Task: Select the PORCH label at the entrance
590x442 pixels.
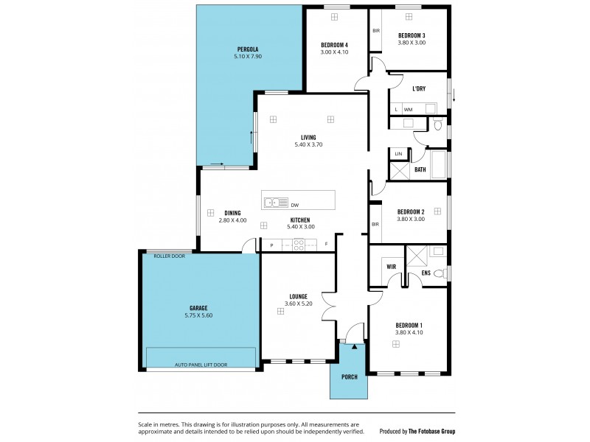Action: [349, 376]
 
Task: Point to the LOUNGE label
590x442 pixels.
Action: [298, 296]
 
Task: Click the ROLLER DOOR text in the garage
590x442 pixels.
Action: [169, 256]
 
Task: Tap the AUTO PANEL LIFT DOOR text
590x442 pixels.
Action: [201, 364]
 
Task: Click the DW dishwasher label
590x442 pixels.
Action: [294, 205]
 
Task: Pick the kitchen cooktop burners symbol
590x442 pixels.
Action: [299, 246]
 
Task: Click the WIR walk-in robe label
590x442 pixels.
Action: [391, 267]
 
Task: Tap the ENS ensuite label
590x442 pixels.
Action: [426, 273]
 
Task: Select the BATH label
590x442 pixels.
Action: [420, 169]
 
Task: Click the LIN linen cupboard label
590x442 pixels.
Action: [398, 153]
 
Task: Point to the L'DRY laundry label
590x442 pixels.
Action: [418, 88]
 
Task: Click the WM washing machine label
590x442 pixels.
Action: [408, 110]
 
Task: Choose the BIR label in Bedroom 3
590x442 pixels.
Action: [375, 31]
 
